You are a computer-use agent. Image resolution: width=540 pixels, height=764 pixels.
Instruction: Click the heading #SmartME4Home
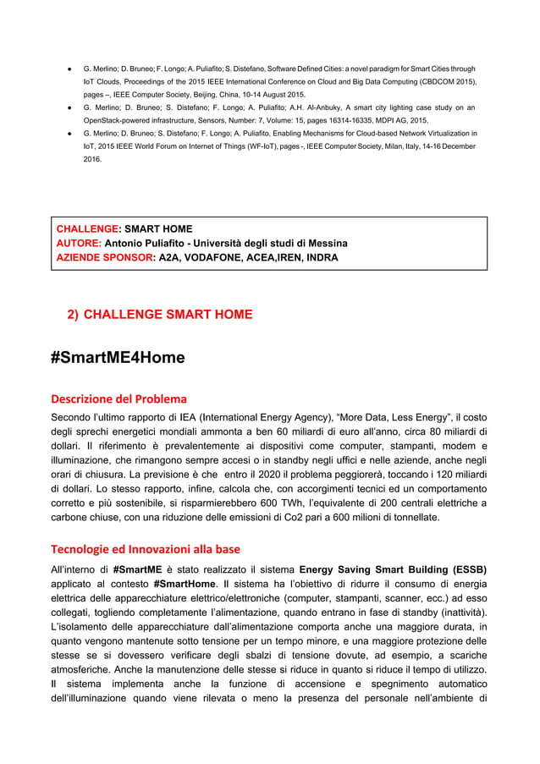click(x=117, y=358)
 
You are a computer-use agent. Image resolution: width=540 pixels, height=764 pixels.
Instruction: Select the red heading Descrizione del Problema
click(x=118, y=398)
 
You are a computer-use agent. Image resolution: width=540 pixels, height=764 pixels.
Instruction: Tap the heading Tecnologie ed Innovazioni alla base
click(x=146, y=547)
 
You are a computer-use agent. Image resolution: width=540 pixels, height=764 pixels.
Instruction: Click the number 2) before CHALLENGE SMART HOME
click(x=73, y=315)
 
